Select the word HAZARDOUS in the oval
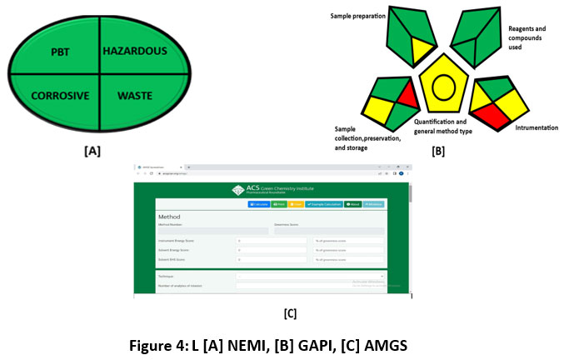pyautogui.click(x=135, y=52)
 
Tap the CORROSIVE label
pyautogui.click(x=60, y=96)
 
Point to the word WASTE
pyautogui.click(x=135, y=96)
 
